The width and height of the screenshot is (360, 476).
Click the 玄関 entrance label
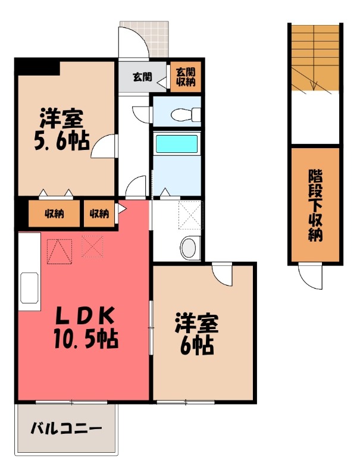[x=142, y=77]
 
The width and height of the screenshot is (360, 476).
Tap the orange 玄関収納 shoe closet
[x=186, y=77]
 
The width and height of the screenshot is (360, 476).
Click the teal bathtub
[x=176, y=143]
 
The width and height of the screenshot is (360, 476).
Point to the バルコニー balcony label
[x=65, y=428]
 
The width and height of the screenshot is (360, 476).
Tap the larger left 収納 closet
[x=54, y=214]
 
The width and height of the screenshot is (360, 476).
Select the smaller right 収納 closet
[x=99, y=214]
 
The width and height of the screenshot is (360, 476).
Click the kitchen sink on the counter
[x=29, y=287]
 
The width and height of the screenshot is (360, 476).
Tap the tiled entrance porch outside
[x=144, y=39]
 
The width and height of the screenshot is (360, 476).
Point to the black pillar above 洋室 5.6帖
[x=37, y=66]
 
